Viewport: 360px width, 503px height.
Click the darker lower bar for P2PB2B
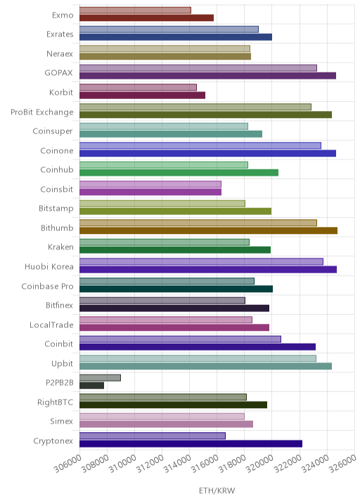92,385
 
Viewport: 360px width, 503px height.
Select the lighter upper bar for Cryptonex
153,436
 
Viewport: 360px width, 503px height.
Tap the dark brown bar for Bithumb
208,230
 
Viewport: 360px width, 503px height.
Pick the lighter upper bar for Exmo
135,11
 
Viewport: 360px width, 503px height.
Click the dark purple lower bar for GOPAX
208,76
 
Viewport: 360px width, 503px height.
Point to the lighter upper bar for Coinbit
180,339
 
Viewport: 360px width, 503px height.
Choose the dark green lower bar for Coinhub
179,173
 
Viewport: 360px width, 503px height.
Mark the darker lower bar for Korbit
142,96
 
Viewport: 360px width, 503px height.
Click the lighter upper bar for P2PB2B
101,377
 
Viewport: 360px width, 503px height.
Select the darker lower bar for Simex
167,424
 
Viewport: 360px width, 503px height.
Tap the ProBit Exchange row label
42,112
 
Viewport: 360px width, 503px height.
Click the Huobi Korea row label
49,266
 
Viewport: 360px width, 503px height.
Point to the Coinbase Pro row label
48,286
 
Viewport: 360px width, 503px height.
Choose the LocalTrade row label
51,325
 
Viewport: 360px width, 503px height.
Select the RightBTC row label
56,403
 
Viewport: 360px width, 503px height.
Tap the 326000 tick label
342,464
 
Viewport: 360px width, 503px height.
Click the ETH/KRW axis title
217,490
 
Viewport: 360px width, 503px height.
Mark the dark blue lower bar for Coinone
208,153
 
